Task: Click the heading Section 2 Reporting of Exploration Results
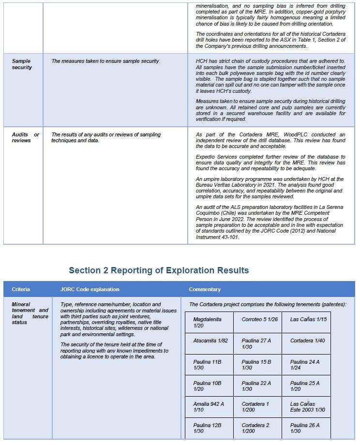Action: [x=159, y=270]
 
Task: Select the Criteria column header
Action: [x=21, y=289]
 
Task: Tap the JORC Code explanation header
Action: [x=90, y=289]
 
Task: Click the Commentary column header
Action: [x=205, y=289]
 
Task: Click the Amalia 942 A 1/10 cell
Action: [x=209, y=407]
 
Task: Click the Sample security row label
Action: [x=22, y=64]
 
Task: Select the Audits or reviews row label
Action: [x=26, y=137]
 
